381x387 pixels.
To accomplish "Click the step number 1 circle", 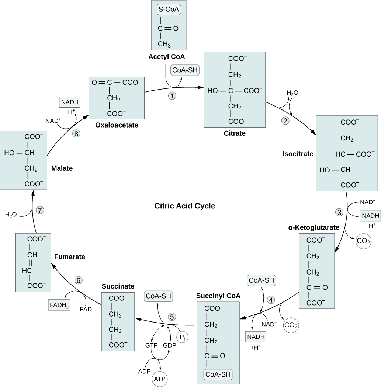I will click(172, 96).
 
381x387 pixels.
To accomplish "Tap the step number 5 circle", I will click(172, 316).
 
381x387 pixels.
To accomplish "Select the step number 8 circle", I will click(77, 134).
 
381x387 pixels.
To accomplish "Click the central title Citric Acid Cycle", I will click(184, 206).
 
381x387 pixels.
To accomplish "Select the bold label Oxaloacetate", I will click(117, 125).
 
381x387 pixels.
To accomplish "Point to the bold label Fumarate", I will click(69, 256).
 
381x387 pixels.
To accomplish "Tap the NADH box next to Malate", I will click(69, 102).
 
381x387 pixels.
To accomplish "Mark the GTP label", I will click(151, 345).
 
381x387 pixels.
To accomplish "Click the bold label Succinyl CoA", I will click(218, 296).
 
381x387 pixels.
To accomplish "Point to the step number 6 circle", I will click(79, 280).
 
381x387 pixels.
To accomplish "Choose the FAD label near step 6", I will click(86, 310).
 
